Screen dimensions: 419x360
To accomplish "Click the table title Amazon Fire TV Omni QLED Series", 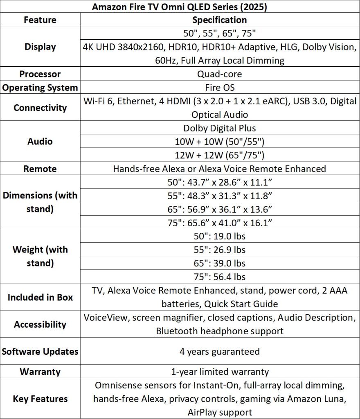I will [x=180, y=7].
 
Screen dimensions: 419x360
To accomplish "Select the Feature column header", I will [x=40, y=20].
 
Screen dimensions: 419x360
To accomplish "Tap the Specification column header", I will [x=220, y=20].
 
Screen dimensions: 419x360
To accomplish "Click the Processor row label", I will [x=40, y=74].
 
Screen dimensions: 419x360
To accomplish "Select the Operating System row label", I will [x=40, y=88].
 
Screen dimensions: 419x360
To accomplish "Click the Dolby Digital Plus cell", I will [x=220, y=128].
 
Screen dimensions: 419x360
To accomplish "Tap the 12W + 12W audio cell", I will [x=220, y=155].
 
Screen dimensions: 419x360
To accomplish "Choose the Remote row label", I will [x=40, y=169].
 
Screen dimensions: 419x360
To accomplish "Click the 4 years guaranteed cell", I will [x=220, y=351].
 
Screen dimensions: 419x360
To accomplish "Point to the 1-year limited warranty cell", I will [x=220, y=372].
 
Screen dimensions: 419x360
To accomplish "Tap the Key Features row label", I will [x=40, y=399].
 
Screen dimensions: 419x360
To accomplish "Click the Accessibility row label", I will [x=40, y=324].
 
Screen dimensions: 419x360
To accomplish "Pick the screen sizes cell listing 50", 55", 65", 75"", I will [x=220, y=34].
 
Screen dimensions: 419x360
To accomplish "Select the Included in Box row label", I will [x=40, y=297].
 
